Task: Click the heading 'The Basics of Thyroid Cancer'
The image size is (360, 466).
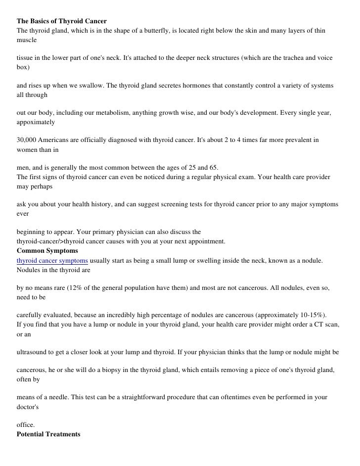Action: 62,22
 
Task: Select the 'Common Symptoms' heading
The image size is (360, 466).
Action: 47,251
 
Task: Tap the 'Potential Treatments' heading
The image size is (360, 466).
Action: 48,434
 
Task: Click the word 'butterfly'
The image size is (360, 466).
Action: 155,31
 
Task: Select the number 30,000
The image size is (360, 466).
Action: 28,140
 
